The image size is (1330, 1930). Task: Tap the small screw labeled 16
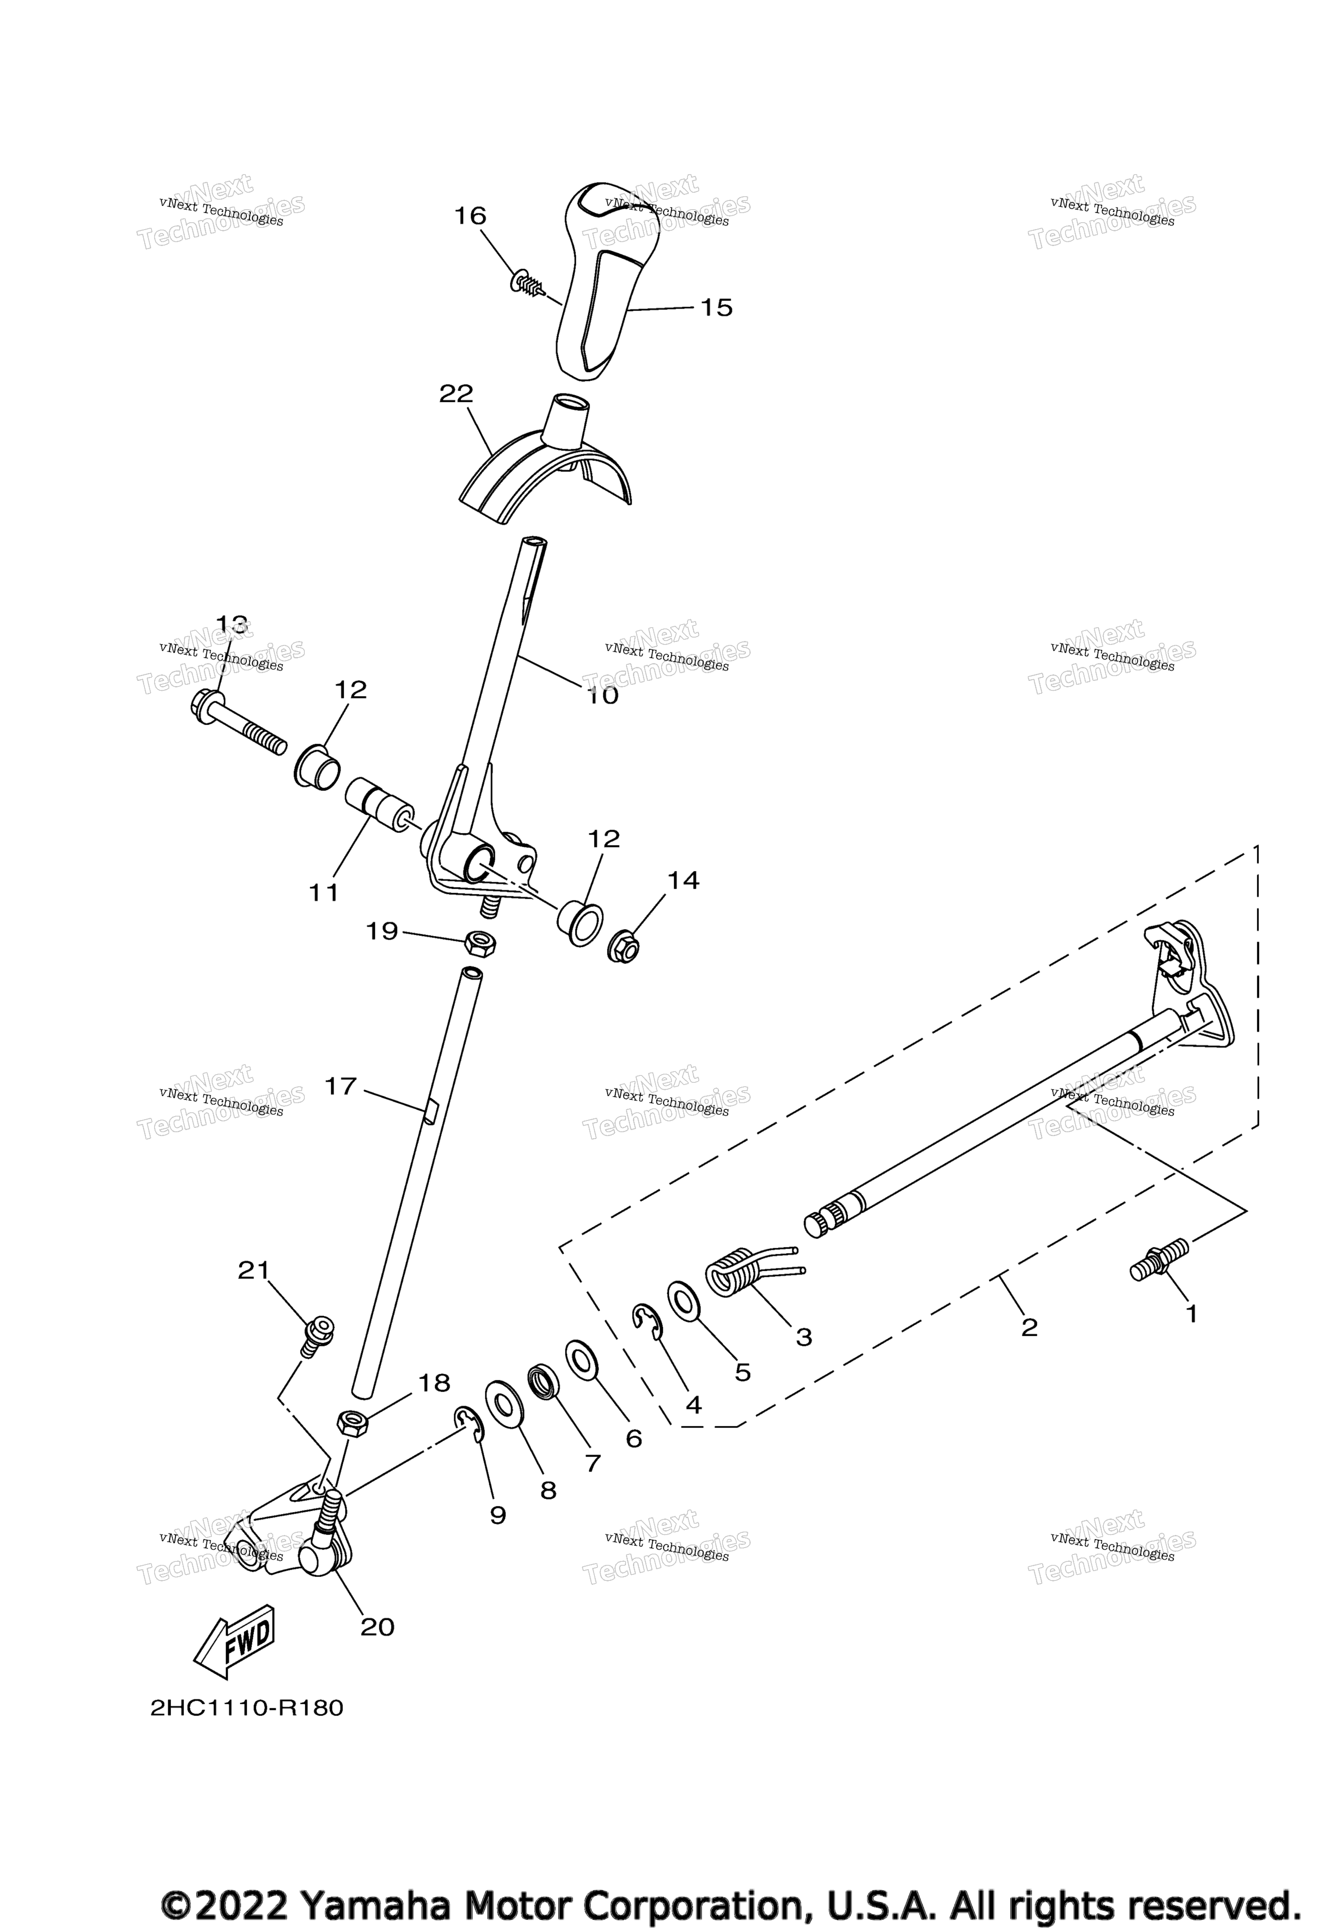point(527,283)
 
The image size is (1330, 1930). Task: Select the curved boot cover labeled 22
point(546,463)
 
